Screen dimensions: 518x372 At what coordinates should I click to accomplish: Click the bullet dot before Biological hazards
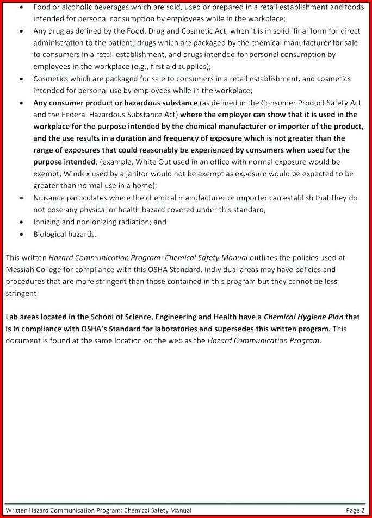pyautogui.click(x=21, y=234)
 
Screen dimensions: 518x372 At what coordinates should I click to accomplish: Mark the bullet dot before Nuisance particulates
pyautogui.click(x=21, y=198)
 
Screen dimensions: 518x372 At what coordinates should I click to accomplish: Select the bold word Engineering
pyautogui.click(x=182, y=317)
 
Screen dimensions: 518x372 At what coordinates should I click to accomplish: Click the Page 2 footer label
pyautogui.click(x=355, y=510)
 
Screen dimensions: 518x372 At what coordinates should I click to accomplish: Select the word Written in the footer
pyautogui.click(x=16, y=510)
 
